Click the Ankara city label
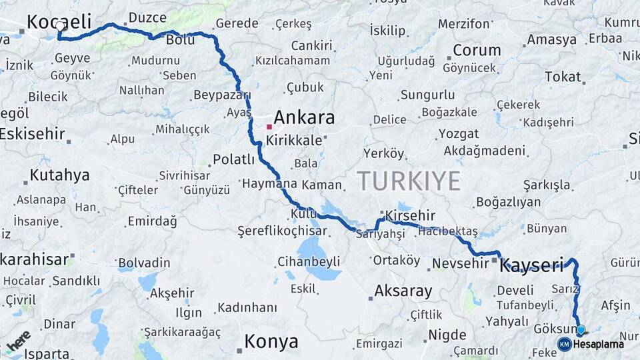click(304, 118)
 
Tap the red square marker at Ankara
click(269, 126)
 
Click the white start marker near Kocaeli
click(60, 27)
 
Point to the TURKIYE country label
click(408, 181)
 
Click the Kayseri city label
click(531, 265)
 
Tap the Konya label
click(271, 342)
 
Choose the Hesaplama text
click(599, 344)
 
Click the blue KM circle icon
click(564, 344)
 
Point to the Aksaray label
click(403, 291)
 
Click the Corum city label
click(477, 50)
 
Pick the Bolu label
click(180, 41)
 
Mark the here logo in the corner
click(18, 341)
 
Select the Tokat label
click(563, 77)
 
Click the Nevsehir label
click(461, 263)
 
